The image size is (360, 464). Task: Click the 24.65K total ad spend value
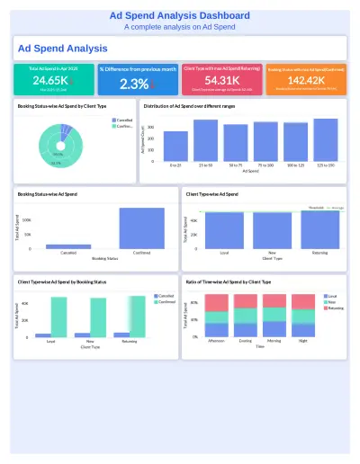click(48, 81)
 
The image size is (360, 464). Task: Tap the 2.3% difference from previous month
click(134, 84)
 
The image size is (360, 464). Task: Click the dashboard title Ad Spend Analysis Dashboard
click(180, 16)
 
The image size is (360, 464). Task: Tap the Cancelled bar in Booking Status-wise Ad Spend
click(68, 245)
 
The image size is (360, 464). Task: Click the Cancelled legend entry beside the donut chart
click(123, 120)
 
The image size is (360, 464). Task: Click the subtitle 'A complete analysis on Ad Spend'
click(180, 27)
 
